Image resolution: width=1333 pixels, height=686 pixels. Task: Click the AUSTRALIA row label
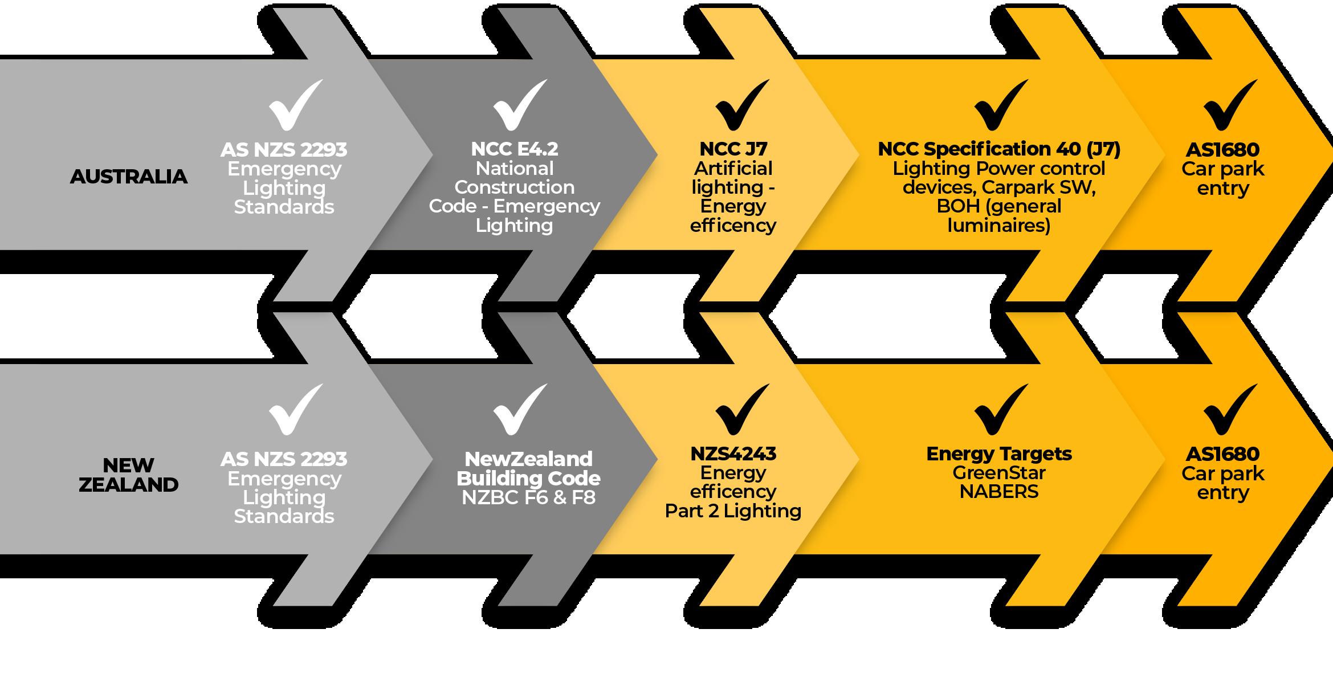[x=128, y=177]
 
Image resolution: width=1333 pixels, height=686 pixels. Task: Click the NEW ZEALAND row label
[x=128, y=475]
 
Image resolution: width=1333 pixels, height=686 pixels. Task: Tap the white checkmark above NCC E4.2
[x=519, y=106]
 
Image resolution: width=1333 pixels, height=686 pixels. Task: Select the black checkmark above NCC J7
[x=741, y=106]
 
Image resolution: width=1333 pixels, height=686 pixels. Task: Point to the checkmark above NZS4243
[x=741, y=410]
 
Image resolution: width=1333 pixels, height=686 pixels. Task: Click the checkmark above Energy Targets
[x=1000, y=410]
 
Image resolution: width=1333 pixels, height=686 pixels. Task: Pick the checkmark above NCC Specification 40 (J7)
[x=1000, y=106]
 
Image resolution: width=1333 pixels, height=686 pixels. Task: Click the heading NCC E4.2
[x=515, y=149]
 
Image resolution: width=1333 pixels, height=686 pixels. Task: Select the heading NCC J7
[x=733, y=149]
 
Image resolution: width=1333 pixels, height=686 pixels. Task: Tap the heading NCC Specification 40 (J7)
[x=999, y=149]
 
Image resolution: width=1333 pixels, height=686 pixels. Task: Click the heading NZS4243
[x=733, y=454]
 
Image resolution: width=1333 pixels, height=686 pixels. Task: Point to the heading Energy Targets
[x=999, y=454]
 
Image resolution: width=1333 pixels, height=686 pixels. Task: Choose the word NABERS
[x=999, y=492]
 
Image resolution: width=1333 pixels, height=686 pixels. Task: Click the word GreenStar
[x=999, y=473]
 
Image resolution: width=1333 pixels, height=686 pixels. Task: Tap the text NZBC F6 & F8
[x=528, y=497]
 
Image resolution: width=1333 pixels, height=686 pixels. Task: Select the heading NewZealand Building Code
[x=528, y=468]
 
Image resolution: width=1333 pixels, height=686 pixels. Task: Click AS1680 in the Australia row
[x=1222, y=150]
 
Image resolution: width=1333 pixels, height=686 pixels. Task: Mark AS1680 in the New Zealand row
[x=1222, y=454]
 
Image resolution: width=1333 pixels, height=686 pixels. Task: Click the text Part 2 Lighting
[x=733, y=511]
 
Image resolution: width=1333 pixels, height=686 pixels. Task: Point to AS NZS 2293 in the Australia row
[x=284, y=150]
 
